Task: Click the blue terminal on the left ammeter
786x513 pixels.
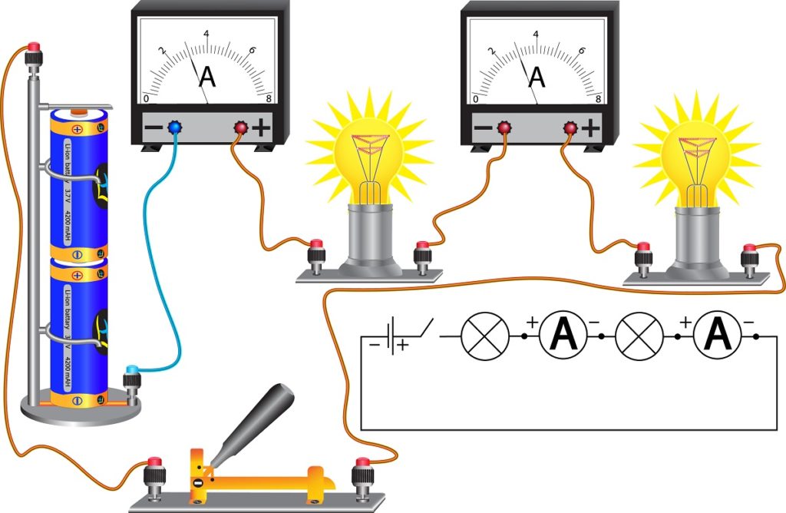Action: tap(173, 127)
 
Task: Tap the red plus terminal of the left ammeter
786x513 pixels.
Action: tap(240, 127)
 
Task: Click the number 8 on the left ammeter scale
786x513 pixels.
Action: tap(268, 99)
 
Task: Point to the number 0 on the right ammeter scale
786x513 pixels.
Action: tap(476, 99)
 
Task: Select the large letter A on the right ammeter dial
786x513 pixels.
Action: tap(537, 76)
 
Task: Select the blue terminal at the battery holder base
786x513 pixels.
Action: tap(133, 372)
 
